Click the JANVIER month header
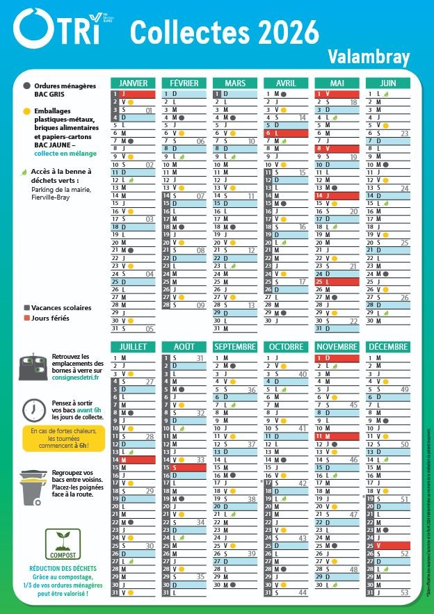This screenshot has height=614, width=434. pos(133,83)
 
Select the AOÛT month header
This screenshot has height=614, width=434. pos(184,346)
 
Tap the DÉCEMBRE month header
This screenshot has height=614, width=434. pos(389,346)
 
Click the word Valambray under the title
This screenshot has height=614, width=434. pos(369,57)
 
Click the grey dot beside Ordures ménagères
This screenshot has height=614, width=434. pos(26,86)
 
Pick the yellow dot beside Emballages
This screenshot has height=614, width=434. pos(26,111)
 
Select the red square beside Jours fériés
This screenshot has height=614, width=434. pos(26,318)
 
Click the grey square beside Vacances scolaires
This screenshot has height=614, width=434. pos(26,307)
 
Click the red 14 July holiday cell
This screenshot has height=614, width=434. pos(133,460)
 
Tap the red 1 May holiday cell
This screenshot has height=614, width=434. pos(337,93)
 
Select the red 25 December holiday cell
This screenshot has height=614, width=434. pos(389,546)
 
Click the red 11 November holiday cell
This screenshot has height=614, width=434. pos(337,435)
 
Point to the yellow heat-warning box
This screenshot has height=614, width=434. pos(63,438)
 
